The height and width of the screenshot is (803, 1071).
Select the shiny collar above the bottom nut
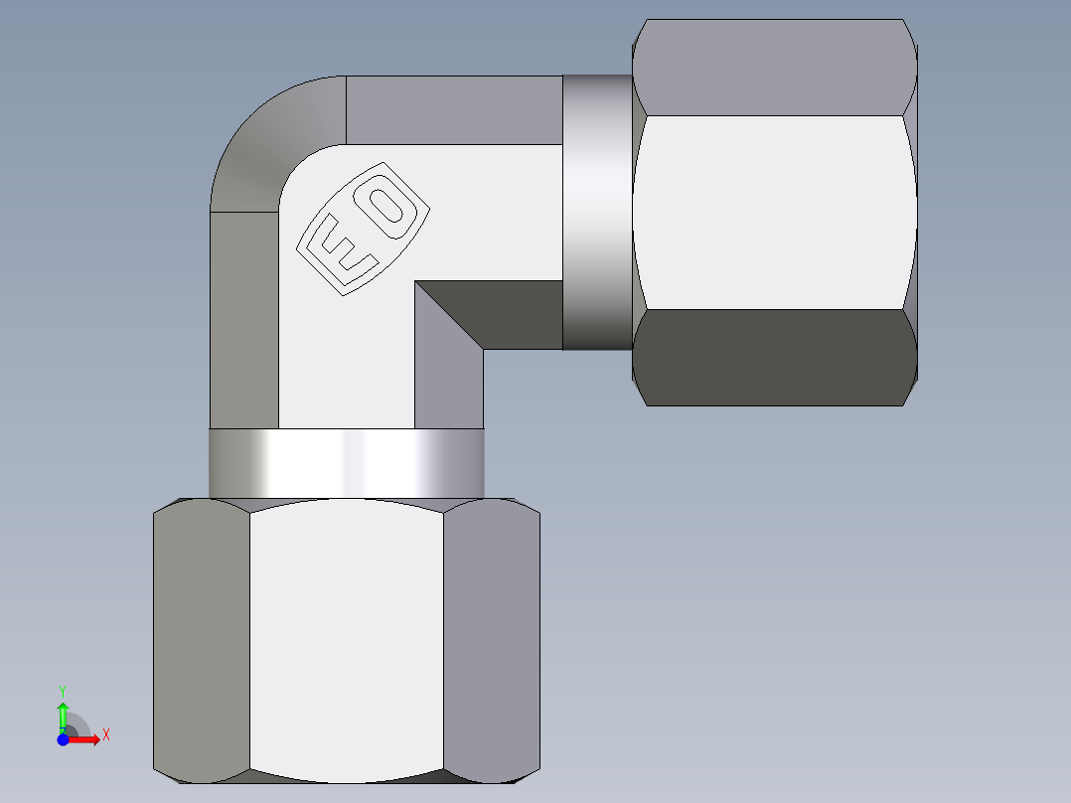pyautogui.click(x=346, y=463)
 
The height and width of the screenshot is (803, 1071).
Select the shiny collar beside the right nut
pyautogui.click(x=597, y=212)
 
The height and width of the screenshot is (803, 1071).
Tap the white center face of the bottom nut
pyautogui.click(x=346, y=636)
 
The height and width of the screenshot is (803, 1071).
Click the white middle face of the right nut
pyautogui.click(x=774, y=212)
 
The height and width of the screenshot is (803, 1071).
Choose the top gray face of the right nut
pyautogui.click(x=774, y=68)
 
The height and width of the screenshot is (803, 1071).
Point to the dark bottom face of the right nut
pyautogui.click(x=774, y=358)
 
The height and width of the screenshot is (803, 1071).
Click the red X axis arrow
pyautogui.click(x=85, y=739)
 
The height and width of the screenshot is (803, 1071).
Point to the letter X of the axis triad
pyautogui.click(x=105, y=735)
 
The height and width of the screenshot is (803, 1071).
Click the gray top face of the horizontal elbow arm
pyautogui.click(x=453, y=109)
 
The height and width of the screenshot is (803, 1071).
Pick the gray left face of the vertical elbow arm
pyautogui.click(x=243, y=318)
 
